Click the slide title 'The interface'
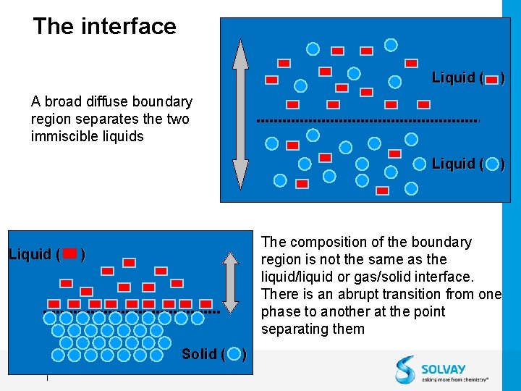click(x=104, y=27)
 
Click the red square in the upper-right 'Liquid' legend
click(x=492, y=77)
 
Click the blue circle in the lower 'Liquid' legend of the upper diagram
click(x=492, y=164)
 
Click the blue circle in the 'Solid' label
click(x=234, y=354)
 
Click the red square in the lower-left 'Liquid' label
click(x=70, y=254)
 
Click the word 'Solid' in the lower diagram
click(x=199, y=354)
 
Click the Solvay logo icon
click(x=406, y=369)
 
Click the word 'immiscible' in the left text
click(x=62, y=136)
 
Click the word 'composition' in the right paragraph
click(x=325, y=242)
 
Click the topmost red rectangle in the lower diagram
click(x=129, y=263)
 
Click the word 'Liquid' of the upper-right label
click(x=453, y=77)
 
